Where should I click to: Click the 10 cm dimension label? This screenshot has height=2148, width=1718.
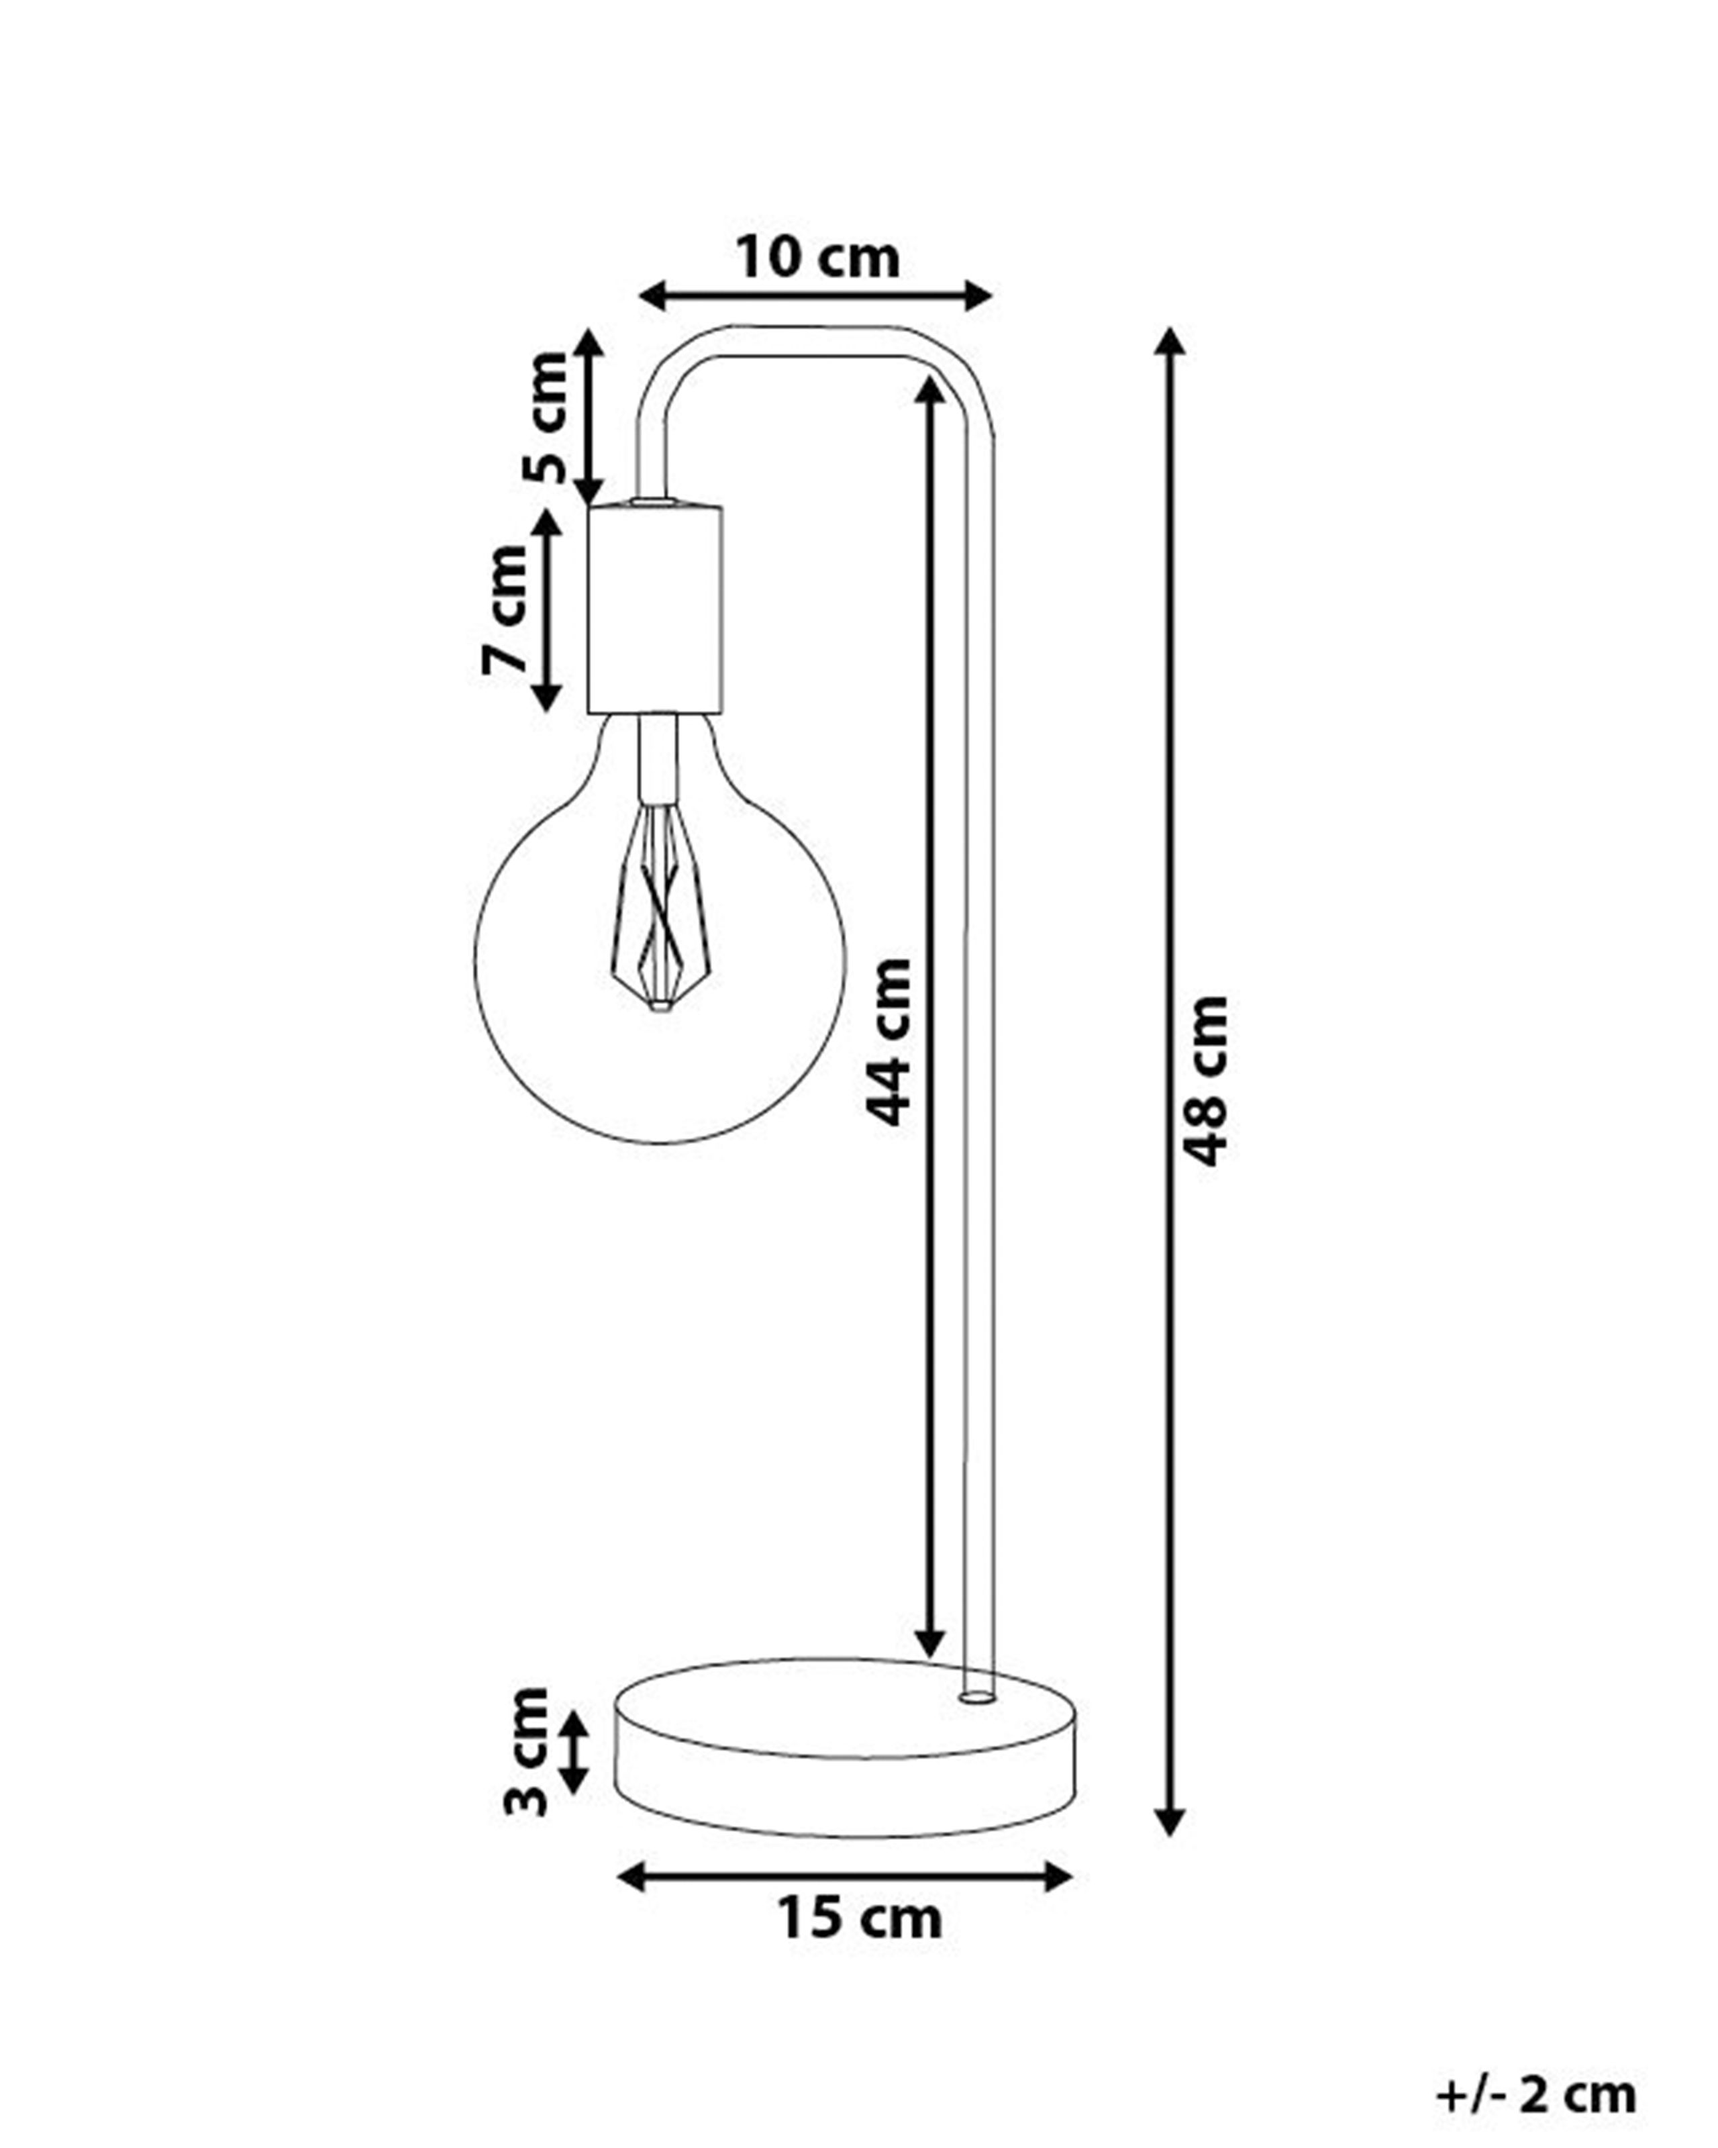click(817, 259)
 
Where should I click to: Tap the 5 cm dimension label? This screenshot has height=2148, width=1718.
click(546, 418)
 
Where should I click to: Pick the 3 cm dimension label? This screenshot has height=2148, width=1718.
click(525, 1751)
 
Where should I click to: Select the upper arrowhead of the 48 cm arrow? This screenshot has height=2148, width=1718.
click(1171, 341)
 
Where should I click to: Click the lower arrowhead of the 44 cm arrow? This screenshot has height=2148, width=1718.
click(929, 1644)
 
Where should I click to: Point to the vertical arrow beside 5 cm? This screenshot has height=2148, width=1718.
click(590, 418)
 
